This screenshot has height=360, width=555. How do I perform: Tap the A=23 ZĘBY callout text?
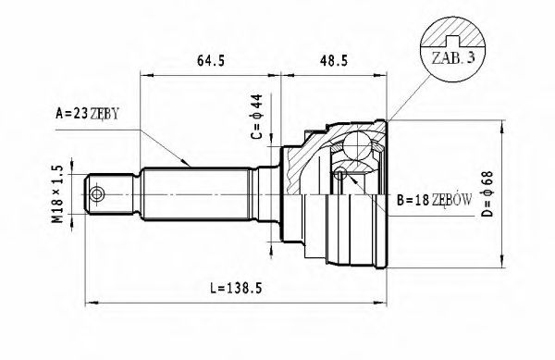[88, 114]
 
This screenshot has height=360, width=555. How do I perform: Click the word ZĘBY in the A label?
[104, 114]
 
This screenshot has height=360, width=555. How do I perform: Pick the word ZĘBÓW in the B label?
[452, 199]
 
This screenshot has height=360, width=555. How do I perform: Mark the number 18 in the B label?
[421, 199]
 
